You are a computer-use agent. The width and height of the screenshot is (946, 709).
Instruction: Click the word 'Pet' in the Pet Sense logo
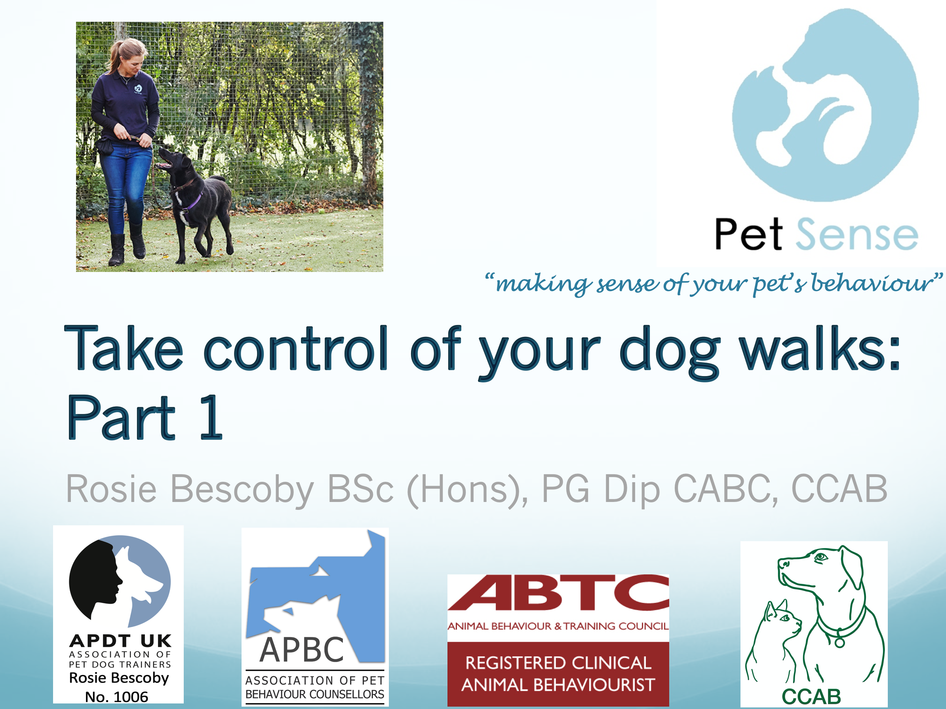coord(748,234)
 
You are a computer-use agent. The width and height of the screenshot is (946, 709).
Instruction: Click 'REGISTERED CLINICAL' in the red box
coord(558,663)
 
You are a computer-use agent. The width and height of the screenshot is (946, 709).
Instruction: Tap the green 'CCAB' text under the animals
coord(811,697)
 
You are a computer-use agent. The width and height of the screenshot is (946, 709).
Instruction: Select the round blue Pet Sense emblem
coord(825,105)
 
